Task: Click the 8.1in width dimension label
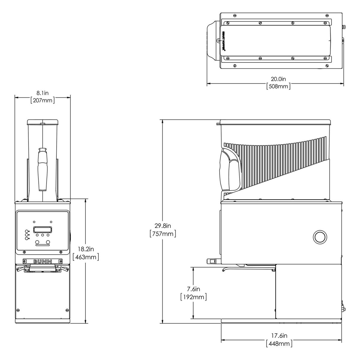(x=43, y=93)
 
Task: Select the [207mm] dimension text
(x=43, y=100)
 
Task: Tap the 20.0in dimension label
(x=278, y=79)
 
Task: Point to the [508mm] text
(x=278, y=86)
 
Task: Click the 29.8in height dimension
(x=163, y=226)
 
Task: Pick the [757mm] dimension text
(x=163, y=233)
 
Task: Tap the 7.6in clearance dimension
(x=193, y=289)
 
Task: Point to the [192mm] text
(x=193, y=297)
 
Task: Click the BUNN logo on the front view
(x=42, y=261)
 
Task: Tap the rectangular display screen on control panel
(x=43, y=229)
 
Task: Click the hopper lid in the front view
(x=42, y=122)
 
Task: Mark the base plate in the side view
(x=281, y=321)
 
